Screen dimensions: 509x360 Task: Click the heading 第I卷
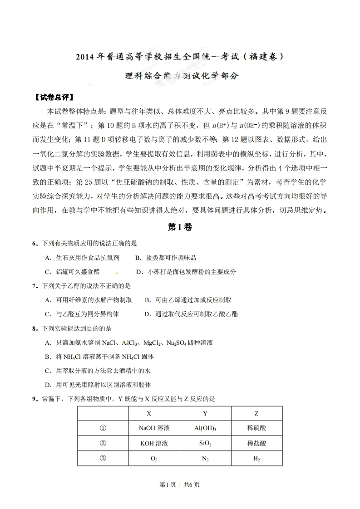point(180,227)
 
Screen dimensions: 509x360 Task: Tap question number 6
point(34,244)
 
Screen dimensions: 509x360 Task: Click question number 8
point(34,328)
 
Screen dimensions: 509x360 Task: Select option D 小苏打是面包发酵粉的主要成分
point(186,272)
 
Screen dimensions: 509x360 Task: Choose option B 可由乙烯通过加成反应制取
point(188,300)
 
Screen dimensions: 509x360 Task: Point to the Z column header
point(256,414)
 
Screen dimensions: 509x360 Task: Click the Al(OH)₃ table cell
point(205,428)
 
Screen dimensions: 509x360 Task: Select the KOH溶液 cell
point(154,443)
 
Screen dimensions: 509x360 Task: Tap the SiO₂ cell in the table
point(205,443)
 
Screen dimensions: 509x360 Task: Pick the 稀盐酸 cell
point(256,443)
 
